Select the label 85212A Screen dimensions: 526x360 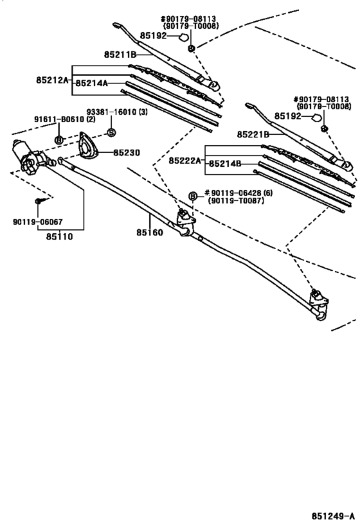click(53, 80)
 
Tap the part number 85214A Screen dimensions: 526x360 click(91, 83)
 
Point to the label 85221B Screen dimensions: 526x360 click(252, 134)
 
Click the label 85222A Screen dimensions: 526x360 click(185, 161)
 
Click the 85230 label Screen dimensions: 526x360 click(126, 153)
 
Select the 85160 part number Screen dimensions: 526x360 click(149, 232)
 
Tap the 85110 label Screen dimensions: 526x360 click(59, 236)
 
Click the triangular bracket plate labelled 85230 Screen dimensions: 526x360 click(85, 147)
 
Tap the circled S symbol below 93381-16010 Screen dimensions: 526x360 click(110, 132)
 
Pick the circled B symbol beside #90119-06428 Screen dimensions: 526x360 click(192, 195)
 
